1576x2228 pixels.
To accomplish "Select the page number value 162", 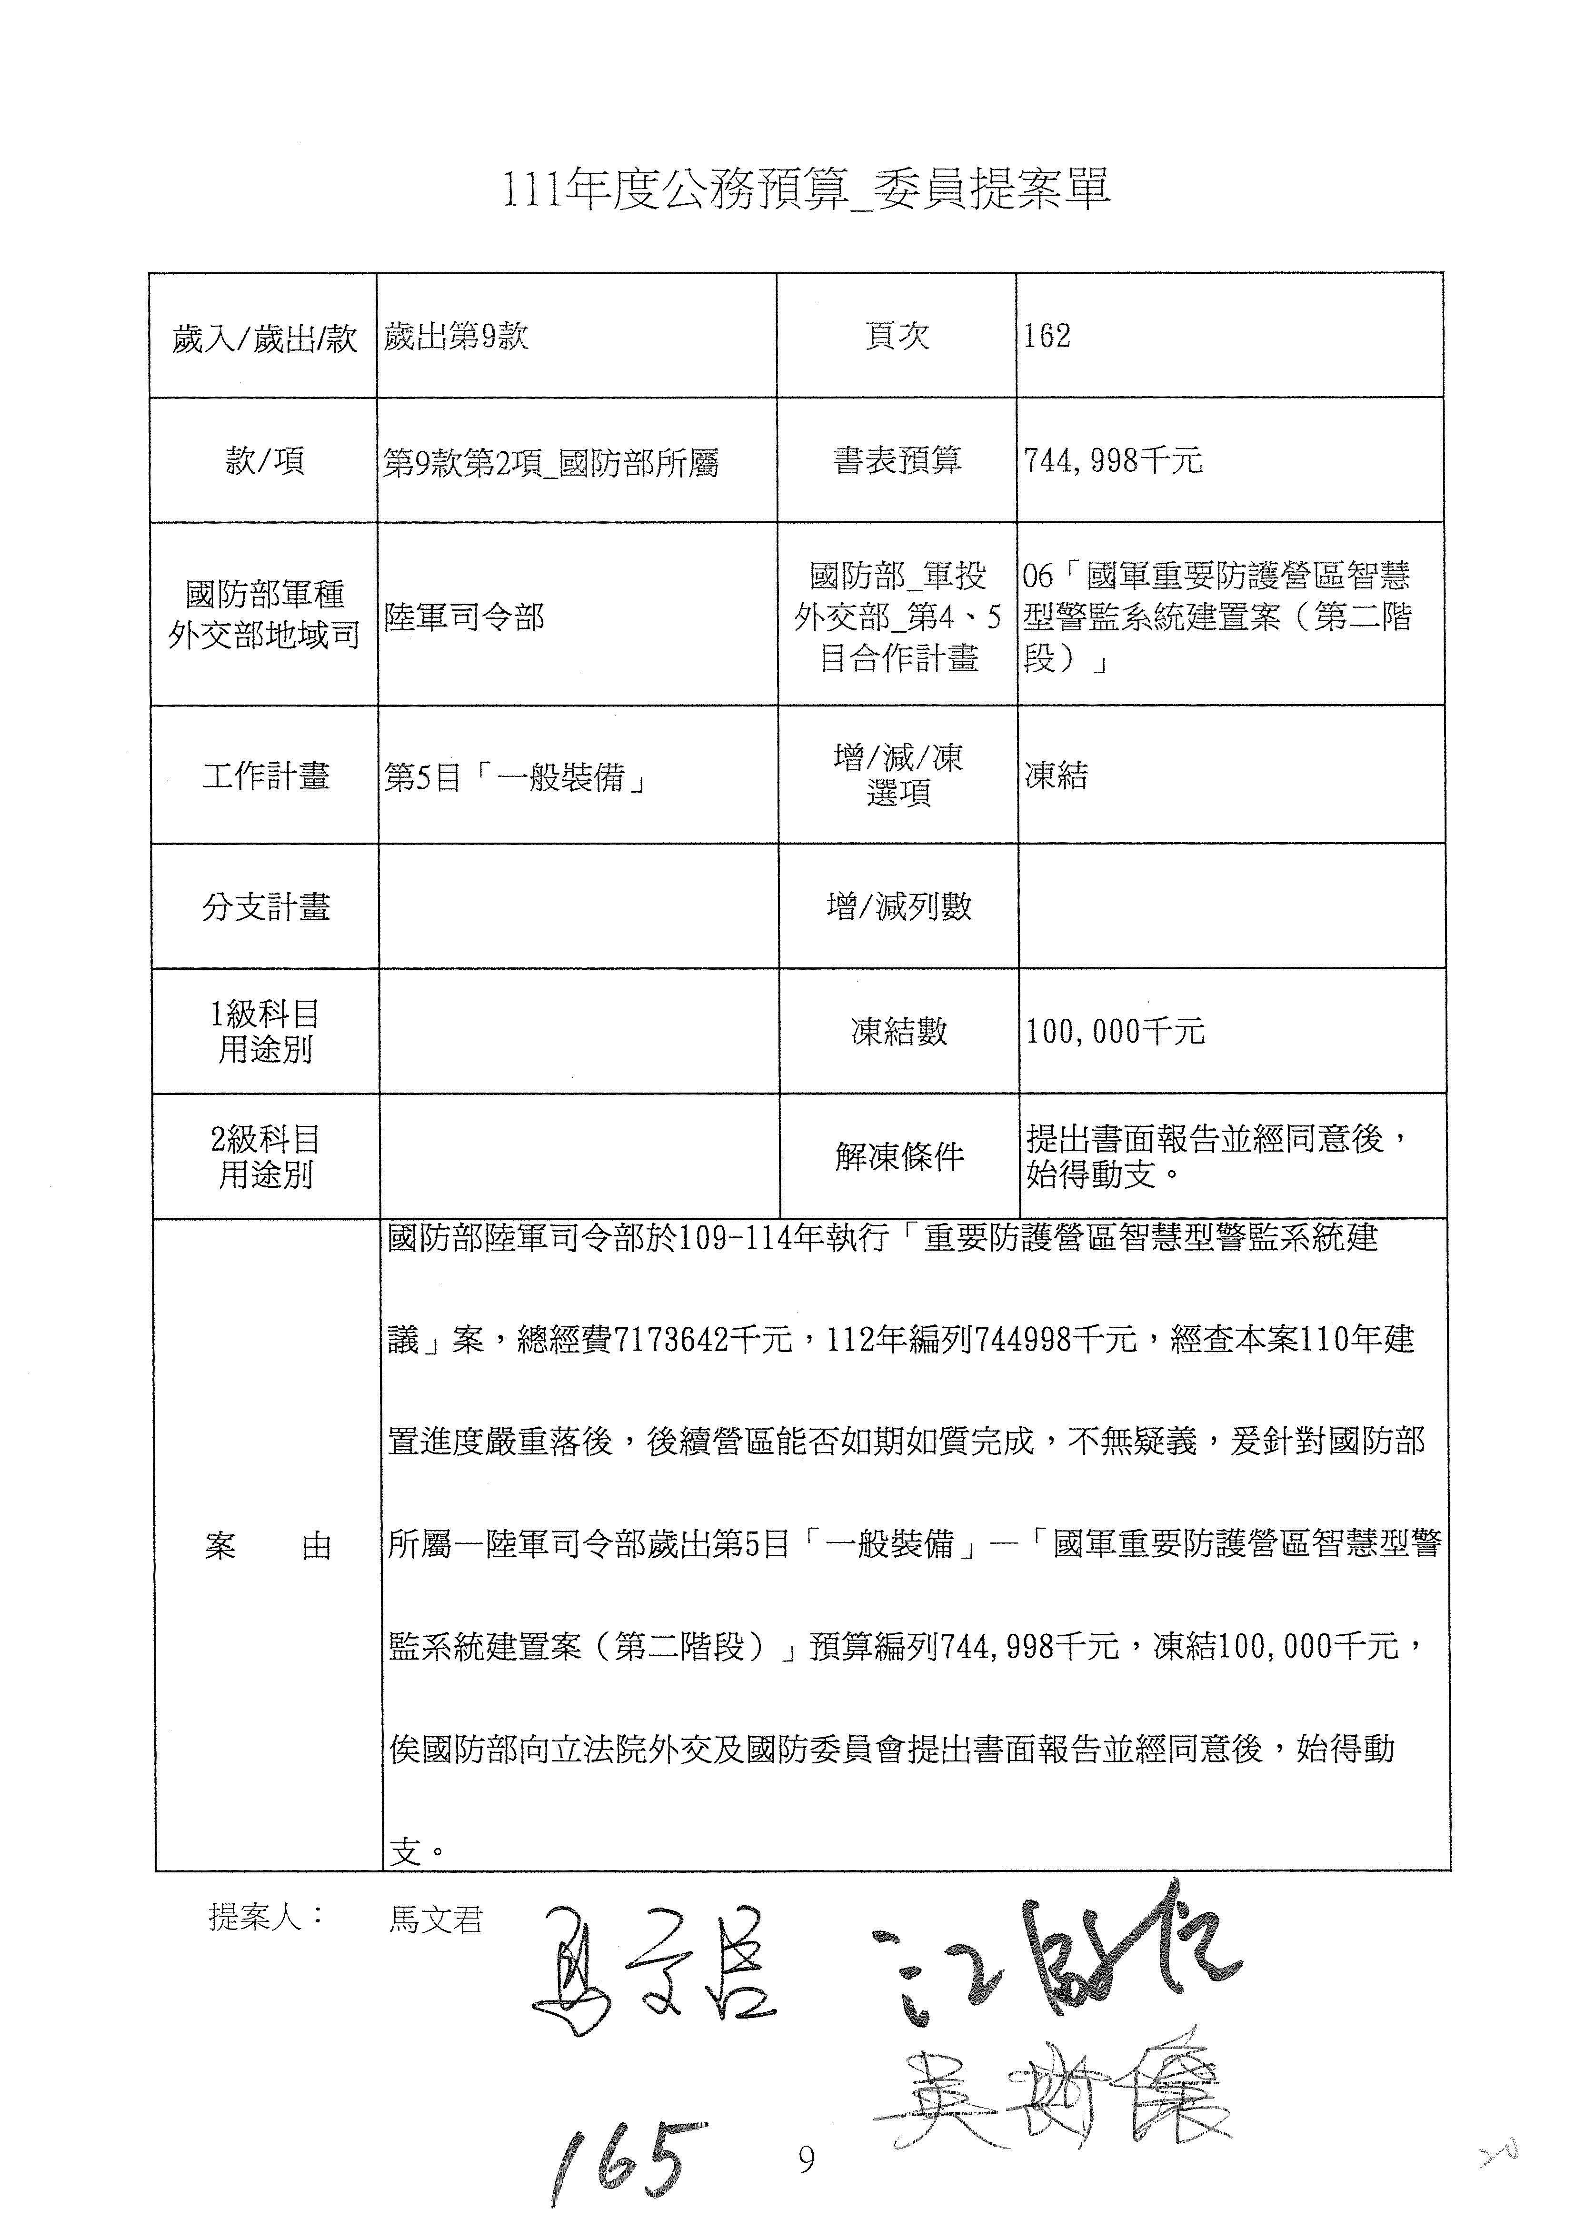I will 1047,336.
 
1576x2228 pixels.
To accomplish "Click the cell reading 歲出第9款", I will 456,336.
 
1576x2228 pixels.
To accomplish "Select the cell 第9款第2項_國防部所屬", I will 550,463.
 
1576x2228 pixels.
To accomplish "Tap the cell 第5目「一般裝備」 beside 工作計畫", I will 515,776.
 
